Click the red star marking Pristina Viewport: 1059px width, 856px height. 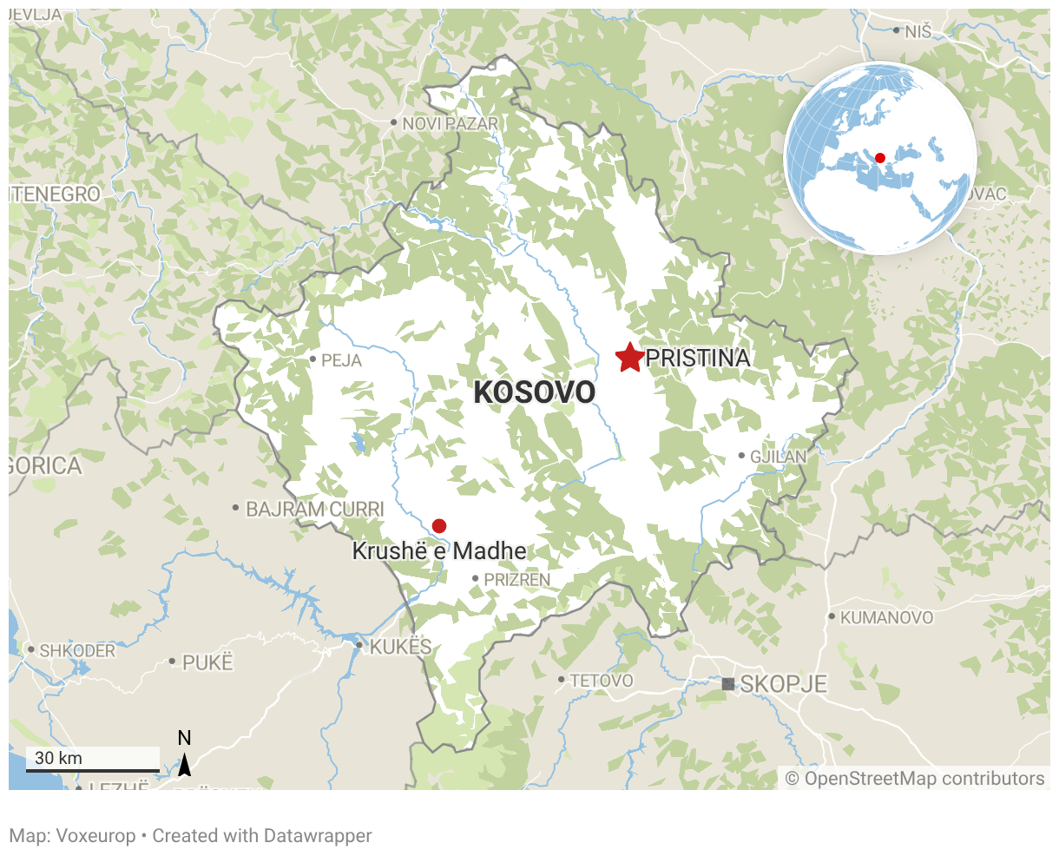(x=628, y=357)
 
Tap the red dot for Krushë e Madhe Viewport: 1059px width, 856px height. (x=439, y=525)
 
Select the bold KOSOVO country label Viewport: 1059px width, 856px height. (x=535, y=392)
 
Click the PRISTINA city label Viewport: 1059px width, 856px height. (x=698, y=358)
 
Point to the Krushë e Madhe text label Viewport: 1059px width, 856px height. (x=439, y=551)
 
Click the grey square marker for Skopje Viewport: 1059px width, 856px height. (x=727, y=684)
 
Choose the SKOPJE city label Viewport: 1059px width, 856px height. (x=783, y=684)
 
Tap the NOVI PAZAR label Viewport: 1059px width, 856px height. (x=451, y=124)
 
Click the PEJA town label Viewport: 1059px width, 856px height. (x=341, y=360)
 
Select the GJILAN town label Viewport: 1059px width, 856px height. (x=779, y=456)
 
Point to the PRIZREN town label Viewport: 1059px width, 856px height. (x=516, y=579)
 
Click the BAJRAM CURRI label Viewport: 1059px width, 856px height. (x=314, y=509)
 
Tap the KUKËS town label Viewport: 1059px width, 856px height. (x=400, y=647)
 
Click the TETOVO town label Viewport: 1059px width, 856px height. (x=602, y=681)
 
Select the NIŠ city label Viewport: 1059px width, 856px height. (x=918, y=32)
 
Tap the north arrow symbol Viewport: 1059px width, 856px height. (x=184, y=764)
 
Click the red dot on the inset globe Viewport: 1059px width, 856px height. (x=879, y=158)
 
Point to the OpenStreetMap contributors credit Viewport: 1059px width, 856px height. (x=915, y=779)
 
